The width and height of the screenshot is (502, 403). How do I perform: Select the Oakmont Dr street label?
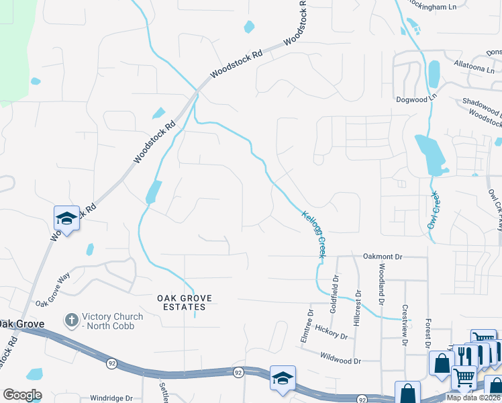(382, 257)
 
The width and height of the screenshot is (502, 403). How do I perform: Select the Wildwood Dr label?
(340, 359)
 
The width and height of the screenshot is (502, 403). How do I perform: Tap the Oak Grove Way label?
(53, 288)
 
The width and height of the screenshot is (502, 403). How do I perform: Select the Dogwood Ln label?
(416, 98)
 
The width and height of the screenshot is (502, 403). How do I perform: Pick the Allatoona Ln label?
(474, 66)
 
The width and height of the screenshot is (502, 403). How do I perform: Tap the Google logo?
(22, 395)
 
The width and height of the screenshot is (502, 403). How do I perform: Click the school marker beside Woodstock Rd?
(67, 218)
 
